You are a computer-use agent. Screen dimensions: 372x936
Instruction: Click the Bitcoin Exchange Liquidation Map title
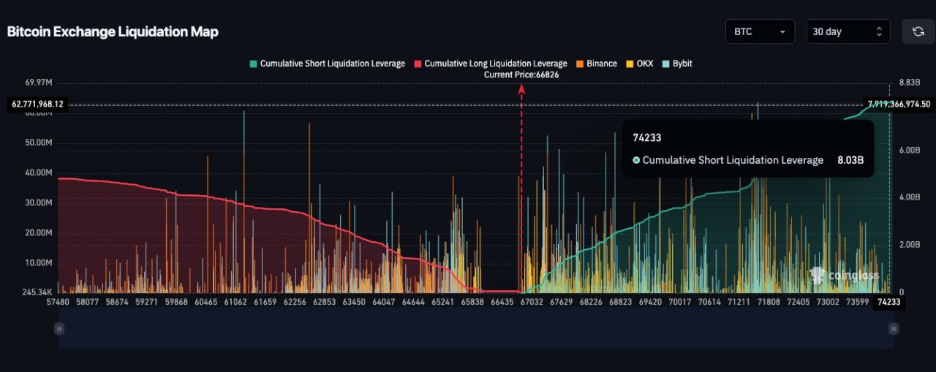pyautogui.click(x=113, y=31)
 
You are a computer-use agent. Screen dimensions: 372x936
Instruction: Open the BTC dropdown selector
pyautogui.click(x=759, y=31)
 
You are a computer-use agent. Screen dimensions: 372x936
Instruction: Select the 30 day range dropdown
pyautogui.click(x=848, y=31)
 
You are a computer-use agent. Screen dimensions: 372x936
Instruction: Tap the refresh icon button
pyautogui.click(x=918, y=31)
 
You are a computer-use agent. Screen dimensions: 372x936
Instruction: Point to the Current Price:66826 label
pyautogui.click(x=521, y=75)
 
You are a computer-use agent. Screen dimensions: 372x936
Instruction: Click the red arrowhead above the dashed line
pyautogui.click(x=521, y=88)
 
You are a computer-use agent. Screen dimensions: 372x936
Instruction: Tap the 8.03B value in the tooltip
pyautogui.click(x=850, y=160)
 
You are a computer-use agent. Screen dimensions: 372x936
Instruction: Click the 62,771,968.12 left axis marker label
pyautogui.click(x=38, y=105)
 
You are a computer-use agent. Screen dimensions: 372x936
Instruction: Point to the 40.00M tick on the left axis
pyautogui.click(x=39, y=172)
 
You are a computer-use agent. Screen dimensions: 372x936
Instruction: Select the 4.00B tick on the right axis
pyautogui.click(x=907, y=197)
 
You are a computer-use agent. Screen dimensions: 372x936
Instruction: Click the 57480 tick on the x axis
pyautogui.click(x=58, y=301)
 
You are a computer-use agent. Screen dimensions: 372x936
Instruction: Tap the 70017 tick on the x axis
pyautogui.click(x=679, y=301)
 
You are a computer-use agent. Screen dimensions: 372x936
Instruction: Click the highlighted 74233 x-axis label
pyautogui.click(x=888, y=301)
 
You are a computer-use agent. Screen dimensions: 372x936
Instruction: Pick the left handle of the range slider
pyautogui.click(x=59, y=329)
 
